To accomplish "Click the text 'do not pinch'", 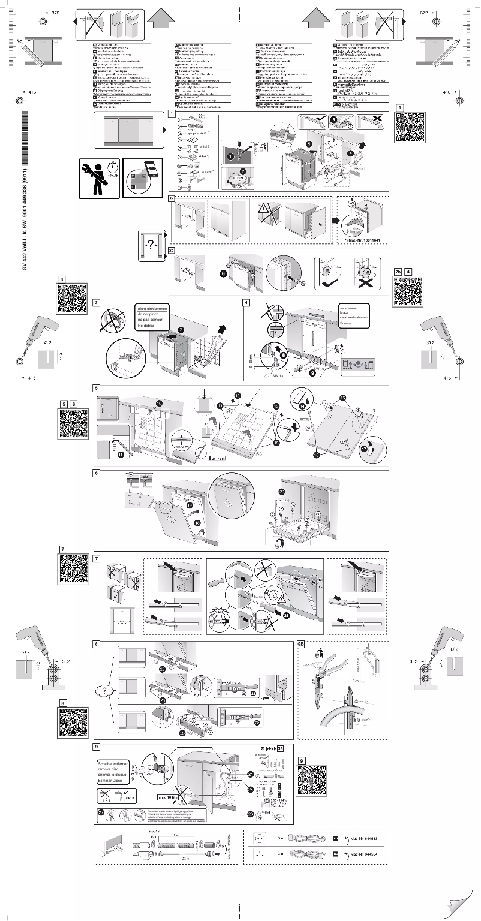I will [151, 314].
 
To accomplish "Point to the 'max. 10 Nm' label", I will [171, 798].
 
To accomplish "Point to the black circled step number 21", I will [285, 615].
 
